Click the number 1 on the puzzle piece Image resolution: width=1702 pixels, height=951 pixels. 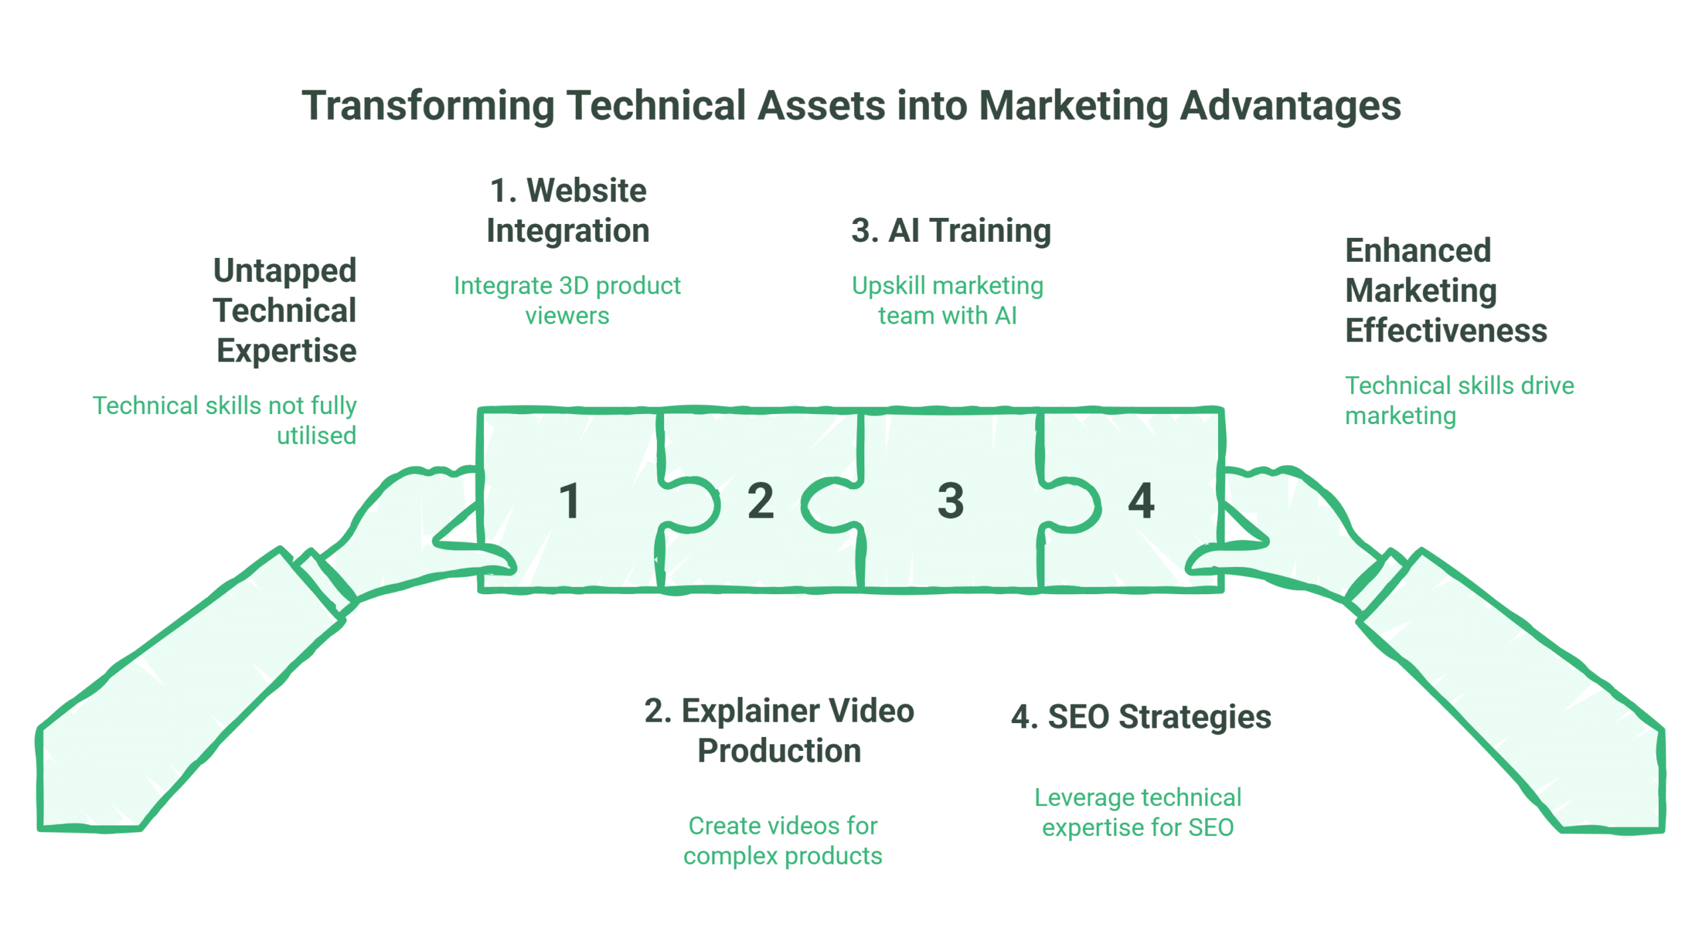tap(570, 500)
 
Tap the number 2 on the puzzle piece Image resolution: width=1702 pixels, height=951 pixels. tap(761, 500)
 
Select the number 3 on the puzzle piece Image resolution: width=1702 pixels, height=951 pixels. tap(951, 500)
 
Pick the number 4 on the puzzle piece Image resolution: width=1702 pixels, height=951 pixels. tap(1141, 500)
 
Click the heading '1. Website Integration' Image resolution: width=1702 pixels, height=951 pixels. tap(568, 211)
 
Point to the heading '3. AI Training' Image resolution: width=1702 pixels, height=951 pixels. tap(951, 231)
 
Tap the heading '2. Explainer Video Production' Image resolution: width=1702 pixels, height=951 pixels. tap(779, 730)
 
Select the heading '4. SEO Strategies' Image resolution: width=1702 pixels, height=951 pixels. tap(1141, 717)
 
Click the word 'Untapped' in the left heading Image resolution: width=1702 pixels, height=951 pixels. tap(285, 271)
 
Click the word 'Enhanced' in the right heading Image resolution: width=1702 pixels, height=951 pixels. tap(1417, 251)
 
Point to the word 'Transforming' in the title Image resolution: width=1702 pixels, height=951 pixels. tap(428, 106)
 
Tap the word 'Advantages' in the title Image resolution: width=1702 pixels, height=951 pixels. tap(1290, 106)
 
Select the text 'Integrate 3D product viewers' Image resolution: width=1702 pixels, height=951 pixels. tap(567, 300)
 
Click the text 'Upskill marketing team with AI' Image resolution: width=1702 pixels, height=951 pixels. tap(947, 300)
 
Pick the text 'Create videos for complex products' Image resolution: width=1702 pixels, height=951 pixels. tap(783, 841)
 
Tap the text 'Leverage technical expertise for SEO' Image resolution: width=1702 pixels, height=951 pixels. tap(1138, 812)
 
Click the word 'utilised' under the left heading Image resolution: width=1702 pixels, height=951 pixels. tap(316, 436)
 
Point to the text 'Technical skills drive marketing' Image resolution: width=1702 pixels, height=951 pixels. tap(1459, 400)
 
